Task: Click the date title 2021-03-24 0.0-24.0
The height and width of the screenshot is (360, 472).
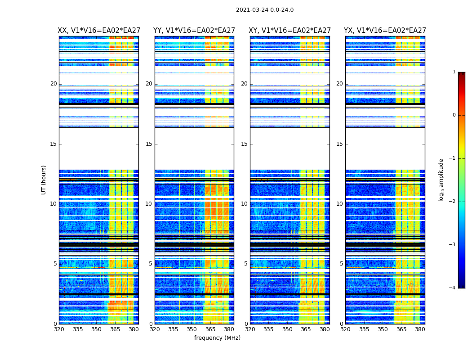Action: point(265,10)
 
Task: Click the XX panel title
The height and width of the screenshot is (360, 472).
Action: point(98,31)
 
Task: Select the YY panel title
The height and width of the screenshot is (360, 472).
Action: point(194,31)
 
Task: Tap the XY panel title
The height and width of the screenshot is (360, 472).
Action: point(289,31)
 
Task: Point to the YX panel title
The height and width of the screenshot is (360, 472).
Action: point(385,31)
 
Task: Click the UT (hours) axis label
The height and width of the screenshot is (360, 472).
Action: point(44,180)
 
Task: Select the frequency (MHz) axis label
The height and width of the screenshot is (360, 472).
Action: point(217,338)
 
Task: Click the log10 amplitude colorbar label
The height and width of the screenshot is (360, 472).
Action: point(441,180)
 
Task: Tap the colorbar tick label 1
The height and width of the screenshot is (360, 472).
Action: point(454,72)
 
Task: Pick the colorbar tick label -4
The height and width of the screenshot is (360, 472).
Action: point(453,288)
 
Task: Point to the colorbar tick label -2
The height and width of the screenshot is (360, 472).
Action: point(453,202)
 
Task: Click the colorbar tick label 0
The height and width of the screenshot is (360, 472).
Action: point(454,115)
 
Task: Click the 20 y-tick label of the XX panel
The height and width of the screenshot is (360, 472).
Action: point(53,84)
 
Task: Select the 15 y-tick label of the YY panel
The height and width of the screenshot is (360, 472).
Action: point(149,144)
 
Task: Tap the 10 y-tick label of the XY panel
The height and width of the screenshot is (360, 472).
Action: point(244,204)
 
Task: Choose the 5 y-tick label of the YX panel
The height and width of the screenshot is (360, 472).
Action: point(341,264)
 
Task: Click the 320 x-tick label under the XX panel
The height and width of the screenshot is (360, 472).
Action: point(59,329)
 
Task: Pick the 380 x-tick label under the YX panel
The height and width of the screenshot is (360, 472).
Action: point(420,329)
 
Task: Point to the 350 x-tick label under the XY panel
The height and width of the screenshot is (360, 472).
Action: point(287,329)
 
